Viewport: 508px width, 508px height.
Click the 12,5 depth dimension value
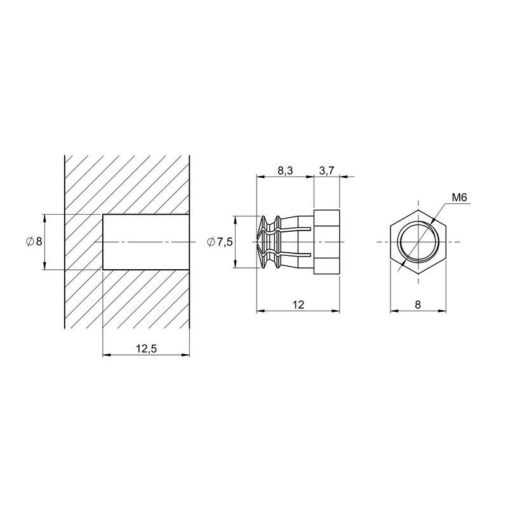(146, 349)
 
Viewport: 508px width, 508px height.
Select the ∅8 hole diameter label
(34, 241)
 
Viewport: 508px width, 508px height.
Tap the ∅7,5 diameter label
(220, 242)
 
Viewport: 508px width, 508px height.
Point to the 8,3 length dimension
(285, 170)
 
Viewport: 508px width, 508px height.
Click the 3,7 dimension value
(326, 170)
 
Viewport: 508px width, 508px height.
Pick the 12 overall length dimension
(298, 305)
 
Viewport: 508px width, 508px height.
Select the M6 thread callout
(459, 197)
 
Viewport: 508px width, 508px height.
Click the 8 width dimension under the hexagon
(418, 305)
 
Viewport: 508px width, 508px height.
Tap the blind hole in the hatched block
(146, 242)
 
